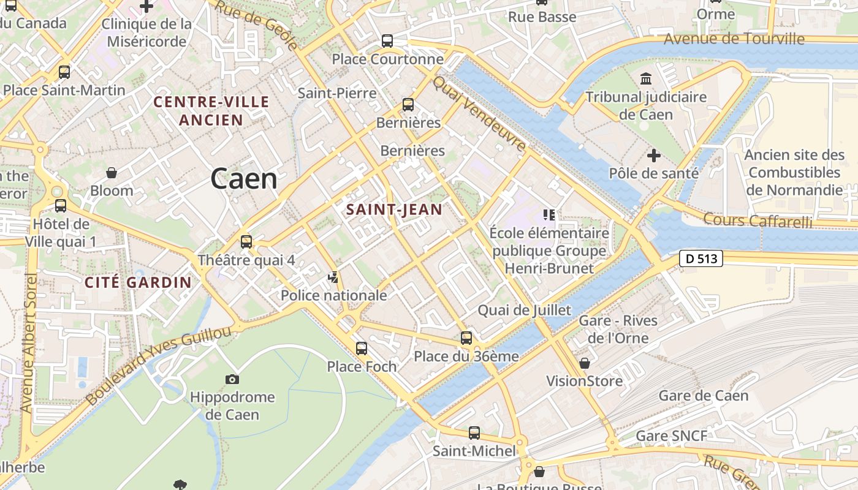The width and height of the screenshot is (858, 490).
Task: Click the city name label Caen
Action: pyautogui.click(x=244, y=179)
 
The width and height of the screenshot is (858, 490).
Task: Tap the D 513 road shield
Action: pyautogui.click(x=701, y=258)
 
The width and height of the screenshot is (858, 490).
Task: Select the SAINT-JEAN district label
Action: pyautogui.click(x=394, y=209)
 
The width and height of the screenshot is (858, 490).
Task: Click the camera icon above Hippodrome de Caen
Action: pyautogui.click(x=232, y=380)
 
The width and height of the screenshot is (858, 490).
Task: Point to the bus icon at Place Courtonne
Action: pyautogui.click(x=387, y=41)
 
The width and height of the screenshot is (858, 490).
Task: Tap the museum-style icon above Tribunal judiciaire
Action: pyautogui.click(x=646, y=79)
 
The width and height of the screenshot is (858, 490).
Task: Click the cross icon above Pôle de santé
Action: pyautogui.click(x=654, y=156)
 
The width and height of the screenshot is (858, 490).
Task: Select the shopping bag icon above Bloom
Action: pyautogui.click(x=112, y=173)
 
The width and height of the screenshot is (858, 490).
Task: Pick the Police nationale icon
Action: pyautogui.click(x=333, y=278)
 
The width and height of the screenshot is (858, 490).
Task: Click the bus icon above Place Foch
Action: pyautogui.click(x=362, y=349)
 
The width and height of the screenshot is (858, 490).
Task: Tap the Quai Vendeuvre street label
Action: pyautogui.click(x=480, y=115)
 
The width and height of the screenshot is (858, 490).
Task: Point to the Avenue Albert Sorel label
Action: pyautogui.click(x=29, y=343)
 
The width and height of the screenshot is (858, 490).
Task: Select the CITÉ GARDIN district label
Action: pyautogui.click(x=138, y=282)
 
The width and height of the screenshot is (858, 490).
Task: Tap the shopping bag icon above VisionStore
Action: pyautogui.click(x=585, y=363)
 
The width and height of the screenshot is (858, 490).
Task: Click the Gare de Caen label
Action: pyautogui.click(x=704, y=396)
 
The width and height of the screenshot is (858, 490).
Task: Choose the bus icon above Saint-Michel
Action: pyautogui.click(x=474, y=433)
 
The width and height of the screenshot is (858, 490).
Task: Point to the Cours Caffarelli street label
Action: pyautogui.click(x=757, y=221)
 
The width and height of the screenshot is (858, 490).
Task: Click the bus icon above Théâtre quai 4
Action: pyautogui.click(x=246, y=242)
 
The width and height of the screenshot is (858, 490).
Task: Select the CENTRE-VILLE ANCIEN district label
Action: pyautogui.click(x=211, y=111)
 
